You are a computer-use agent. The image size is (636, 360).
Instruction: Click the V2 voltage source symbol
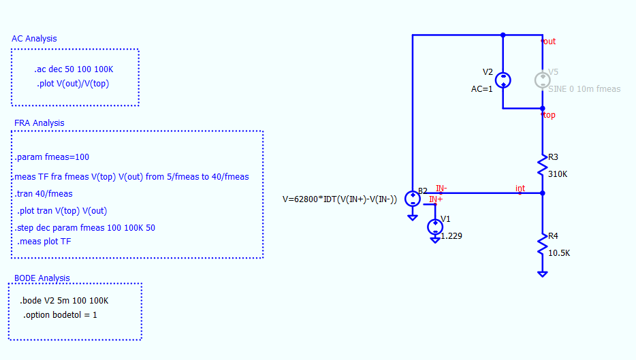pyautogui.click(x=503, y=80)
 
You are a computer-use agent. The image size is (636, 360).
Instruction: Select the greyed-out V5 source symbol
pyautogui.click(x=542, y=80)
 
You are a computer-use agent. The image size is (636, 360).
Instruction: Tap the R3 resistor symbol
pyautogui.click(x=542, y=165)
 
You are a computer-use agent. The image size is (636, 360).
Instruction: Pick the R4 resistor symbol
pyautogui.click(x=542, y=244)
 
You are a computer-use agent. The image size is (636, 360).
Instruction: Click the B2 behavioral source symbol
pyautogui.click(x=413, y=199)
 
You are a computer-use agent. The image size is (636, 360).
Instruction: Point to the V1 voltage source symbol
pyautogui.click(x=435, y=227)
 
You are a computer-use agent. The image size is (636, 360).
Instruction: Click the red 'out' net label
pyautogui.click(x=550, y=42)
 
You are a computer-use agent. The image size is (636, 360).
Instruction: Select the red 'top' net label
pyautogui.click(x=550, y=115)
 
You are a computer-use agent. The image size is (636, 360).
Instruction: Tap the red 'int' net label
pyautogui.click(x=520, y=188)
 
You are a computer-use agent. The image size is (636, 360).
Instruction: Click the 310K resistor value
pyautogui.click(x=558, y=174)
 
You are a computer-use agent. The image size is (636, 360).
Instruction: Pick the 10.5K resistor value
pyautogui.click(x=559, y=253)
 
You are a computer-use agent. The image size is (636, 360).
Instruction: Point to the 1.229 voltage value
pyautogui.click(x=451, y=236)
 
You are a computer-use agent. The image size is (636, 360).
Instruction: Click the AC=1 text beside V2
pyautogui.click(x=482, y=89)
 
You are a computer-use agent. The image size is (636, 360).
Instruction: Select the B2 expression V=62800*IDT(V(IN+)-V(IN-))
pyautogui.click(x=340, y=199)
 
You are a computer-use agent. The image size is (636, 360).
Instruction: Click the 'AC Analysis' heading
pyautogui.click(x=34, y=39)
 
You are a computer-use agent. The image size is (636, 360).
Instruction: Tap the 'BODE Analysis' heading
pyautogui.click(x=42, y=278)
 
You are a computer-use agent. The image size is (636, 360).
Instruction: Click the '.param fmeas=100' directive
pyautogui.click(x=52, y=157)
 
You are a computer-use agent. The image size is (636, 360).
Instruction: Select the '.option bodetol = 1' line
pyautogui.click(x=60, y=315)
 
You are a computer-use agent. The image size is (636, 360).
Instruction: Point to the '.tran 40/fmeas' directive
pyautogui.click(x=44, y=194)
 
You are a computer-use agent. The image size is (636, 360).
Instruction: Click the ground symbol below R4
pyautogui.click(x=542, y=274)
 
